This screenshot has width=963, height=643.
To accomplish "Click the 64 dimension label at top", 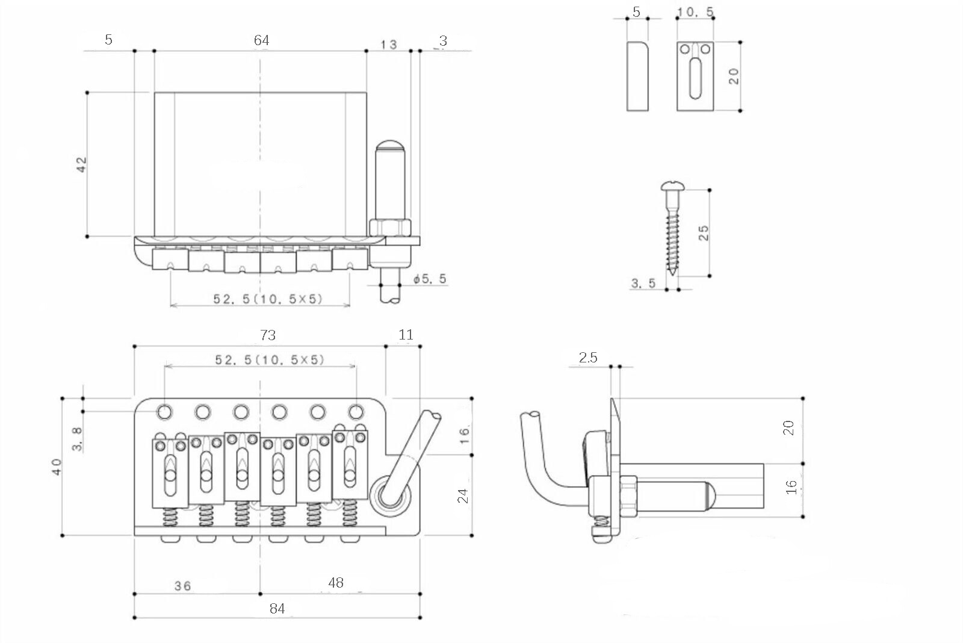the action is point(261,40).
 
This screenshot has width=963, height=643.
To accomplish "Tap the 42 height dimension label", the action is point(81,164).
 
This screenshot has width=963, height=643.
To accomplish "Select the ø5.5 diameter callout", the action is point(430,279).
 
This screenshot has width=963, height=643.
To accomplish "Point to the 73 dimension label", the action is point(267,335).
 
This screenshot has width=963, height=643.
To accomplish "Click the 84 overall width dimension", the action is point(277,608).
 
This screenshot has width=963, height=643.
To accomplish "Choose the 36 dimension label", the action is point(183,586).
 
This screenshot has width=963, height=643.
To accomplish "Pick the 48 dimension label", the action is point(335,582).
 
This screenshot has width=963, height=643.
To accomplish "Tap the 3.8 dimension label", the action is point(77,439).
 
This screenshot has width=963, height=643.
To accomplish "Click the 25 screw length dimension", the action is point(703,233).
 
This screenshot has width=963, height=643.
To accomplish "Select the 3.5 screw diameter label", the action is point(643,283).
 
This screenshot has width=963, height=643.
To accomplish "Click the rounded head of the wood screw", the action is point(672,186).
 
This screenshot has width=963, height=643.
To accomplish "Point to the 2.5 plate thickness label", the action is point(587,358).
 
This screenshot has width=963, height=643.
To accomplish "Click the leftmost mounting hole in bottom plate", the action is point(165,412).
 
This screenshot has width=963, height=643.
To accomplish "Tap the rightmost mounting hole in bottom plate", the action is point(356,412).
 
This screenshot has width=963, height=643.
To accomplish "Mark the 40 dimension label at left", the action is point(57,467).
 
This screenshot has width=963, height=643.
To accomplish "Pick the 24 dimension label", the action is point(463,496).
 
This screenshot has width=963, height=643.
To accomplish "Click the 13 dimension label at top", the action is point(389,45).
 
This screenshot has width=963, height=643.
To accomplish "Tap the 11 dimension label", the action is point(406,335).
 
